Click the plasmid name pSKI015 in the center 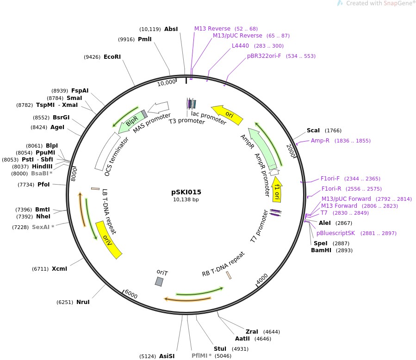click(x=186, y=192)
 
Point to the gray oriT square click(x=159, y=281)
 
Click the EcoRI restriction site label click(x=112, y=57)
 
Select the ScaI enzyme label click(x=313, y=130)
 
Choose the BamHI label click(x=321, y=250)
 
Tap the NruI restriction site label click(x=83, y=302)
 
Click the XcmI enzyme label click(x=59, y=268)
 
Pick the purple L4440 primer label click(x=240, y=46)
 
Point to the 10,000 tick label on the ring click(x=167, y=82)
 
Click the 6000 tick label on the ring click(x=131, y=295)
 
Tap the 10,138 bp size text click(x=186, y=200)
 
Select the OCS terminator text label click(x=107, y=154)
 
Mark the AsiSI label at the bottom click(x=167, y=356)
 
